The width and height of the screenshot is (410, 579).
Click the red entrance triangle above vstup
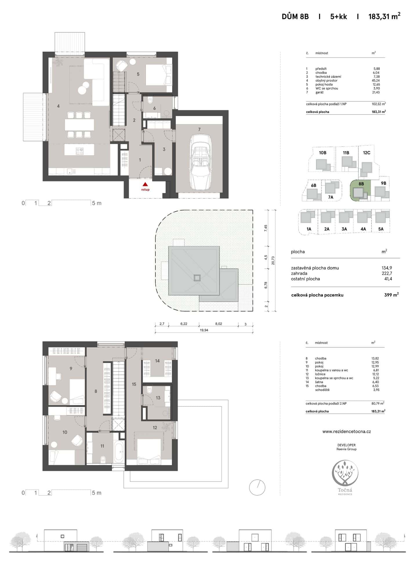145,184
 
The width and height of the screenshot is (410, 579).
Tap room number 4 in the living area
58,106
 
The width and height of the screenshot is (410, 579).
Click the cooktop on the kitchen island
79,151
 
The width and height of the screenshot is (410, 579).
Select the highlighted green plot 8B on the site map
360,190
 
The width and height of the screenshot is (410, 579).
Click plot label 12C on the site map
367,153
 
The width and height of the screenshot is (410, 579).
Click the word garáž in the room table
320,92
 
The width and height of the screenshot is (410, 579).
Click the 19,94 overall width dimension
204,330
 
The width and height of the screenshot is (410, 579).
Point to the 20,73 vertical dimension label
273,261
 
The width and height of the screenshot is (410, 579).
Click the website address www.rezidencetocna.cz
346,431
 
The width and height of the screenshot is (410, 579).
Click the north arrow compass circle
257,487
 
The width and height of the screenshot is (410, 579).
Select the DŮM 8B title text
295,17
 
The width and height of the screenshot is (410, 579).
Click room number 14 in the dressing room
157,361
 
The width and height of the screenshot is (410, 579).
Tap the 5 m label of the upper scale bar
97,203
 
